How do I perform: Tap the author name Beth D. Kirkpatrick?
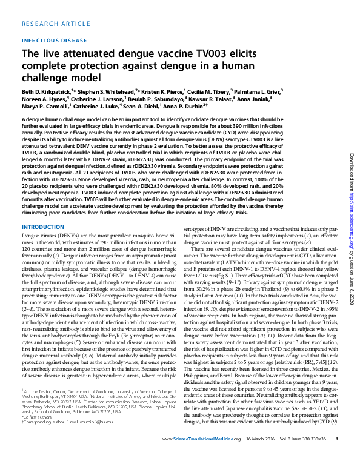click(x=48, y=89)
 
